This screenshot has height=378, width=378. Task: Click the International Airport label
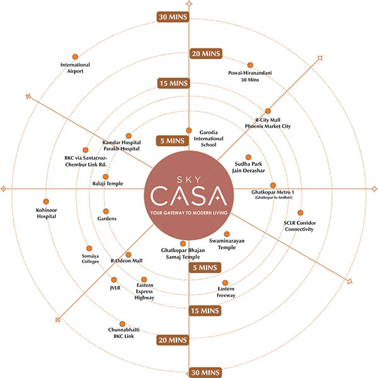[75, 68]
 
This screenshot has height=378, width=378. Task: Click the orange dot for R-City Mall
[268, 111]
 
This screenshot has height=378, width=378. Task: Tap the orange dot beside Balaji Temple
[105, 177]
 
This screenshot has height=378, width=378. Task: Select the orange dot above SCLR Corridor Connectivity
[300, 213]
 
